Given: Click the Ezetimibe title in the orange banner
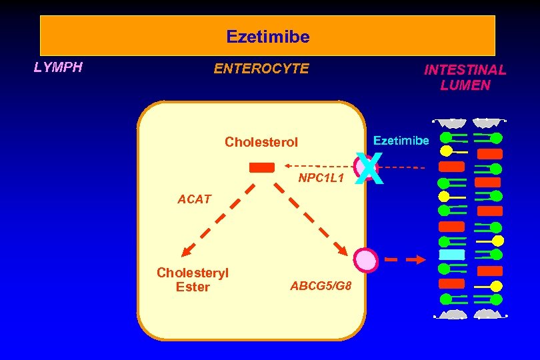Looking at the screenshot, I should (x=267, y=37).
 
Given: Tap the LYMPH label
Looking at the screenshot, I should (x=58, y=67).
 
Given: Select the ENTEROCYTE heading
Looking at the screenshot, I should (x=261, y=69).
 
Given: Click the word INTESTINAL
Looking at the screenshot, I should (x=465, y=69).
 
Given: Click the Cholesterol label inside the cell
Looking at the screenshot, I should (x=261, y=142).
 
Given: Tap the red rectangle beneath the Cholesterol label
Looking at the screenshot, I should (x=262, y=167).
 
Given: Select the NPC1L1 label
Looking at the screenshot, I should (x=321, y=179).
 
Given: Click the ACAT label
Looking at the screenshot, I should (x=194, y=199).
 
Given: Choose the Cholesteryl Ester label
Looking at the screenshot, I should (x=193, y=280).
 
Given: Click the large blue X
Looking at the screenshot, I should (x=369, y=170).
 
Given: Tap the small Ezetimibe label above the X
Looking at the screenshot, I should (x=401, y=141).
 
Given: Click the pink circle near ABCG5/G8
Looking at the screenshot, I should (x=366, y=259).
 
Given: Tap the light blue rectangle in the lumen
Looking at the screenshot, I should (x=452, y=255).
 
